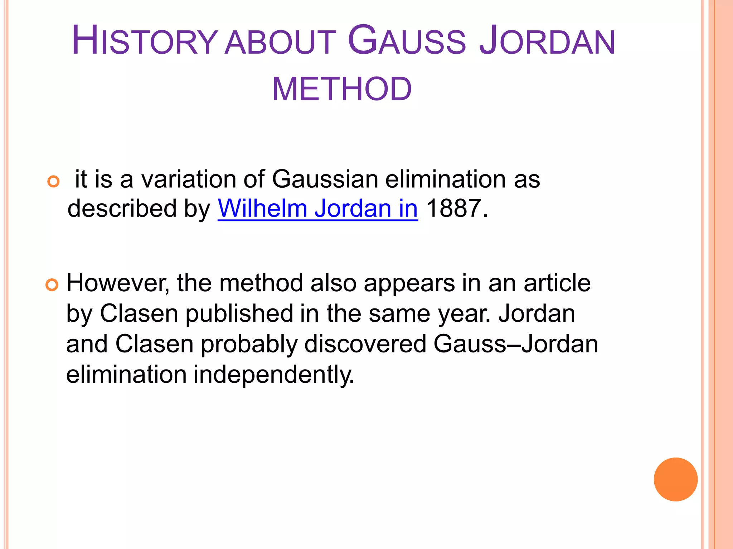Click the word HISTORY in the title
[144, 40]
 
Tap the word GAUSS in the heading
[407, 40]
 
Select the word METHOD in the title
[342, 89]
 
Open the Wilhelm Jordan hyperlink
[317, 208]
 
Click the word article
[557, 283]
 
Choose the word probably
[249, 344]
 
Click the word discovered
[365, 344]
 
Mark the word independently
[274, 375]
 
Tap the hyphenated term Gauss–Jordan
[515, 344]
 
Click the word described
[122, 208]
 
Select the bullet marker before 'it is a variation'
[53, 182]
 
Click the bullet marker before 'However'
[52, 286]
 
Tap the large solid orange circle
[675, 479]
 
